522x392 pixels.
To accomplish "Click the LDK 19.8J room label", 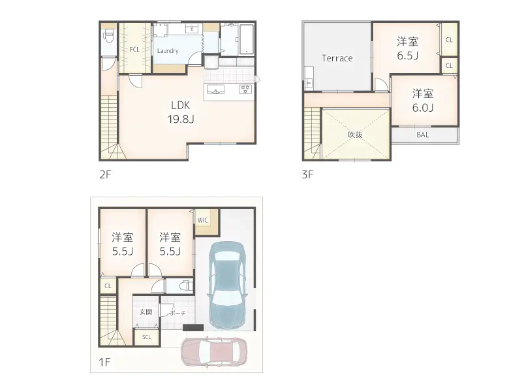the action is pyautogui.click(x=181, y=112).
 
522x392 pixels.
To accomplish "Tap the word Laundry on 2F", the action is pyautogui.click(x=168, y=51).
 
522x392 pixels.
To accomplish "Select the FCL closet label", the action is pyautogui.click(x=134, y=50).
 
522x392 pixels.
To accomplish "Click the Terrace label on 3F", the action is pyautogui.click(x=337, y=58).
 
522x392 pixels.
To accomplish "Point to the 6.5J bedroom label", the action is pyautogui.click(x=407, y=48).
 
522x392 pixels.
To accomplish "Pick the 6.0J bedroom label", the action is pyautogui.click(x=423, y=101).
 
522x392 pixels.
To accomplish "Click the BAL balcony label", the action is pyautogui.click(x=422, y=135).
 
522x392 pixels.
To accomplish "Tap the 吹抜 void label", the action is pyautogui.click(x=355, y=135).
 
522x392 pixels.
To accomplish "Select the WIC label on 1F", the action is pyautogui.click(x=202, y=220).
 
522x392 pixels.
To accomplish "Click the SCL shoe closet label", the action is pyautogui.click(x=146, y=337).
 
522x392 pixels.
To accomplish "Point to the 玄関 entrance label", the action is pyautogui.click(x=146, y=312).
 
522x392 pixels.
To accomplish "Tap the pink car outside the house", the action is pyautogui.click(x=214, y=352).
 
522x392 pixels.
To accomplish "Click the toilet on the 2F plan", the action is pyautogui.click(x=108, y=35).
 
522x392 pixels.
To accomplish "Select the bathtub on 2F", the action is pyautogui.click(x=247, y=39).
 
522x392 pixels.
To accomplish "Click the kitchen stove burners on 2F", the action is pyautogui.click(x=246, y=89).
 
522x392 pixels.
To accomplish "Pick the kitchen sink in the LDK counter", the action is pyautogui.click(x=215, y=90).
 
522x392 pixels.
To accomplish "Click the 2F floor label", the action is pyautogui.click(x=105, y=174).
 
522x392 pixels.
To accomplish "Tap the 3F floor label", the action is pyautogui.click(x=307, y=174).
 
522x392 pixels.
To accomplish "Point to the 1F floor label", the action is pyautogui.click(x=104, y=362).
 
